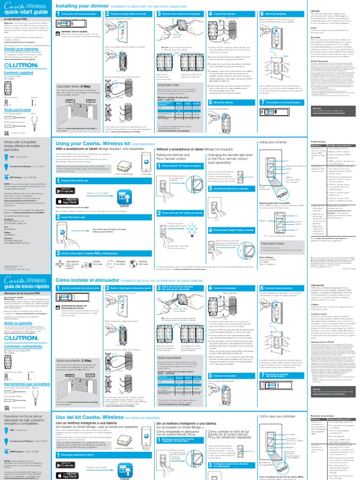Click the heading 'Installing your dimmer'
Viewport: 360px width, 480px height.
pyautogui.click(x=82, y=6)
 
